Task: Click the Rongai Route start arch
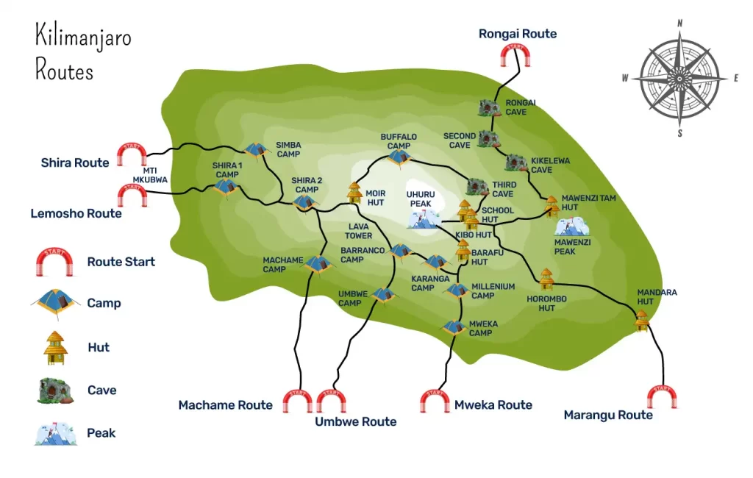(x=515, y=56)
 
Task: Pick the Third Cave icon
(x=477, y=187)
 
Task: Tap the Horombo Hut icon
(x=546, y=279)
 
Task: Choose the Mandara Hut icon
(x=642, y=320)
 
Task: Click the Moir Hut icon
(x=354, y=192)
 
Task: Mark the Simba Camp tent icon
(x=256, y=150)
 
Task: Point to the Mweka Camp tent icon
(x=454, y=327)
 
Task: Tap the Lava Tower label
(x=360, y=232)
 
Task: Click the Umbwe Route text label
(x=356, y=421)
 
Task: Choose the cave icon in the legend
(x=56, y=390)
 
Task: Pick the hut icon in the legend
(x=56, y=348)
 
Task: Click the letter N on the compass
(x=680, y=23)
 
